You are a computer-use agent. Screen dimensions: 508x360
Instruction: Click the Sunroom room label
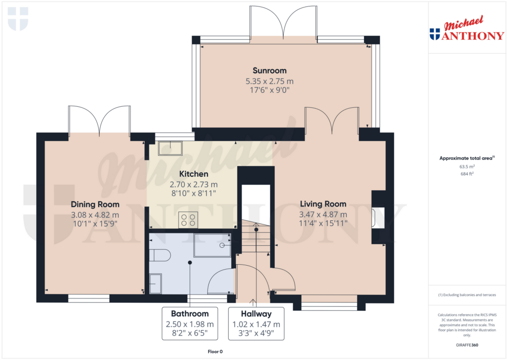tap(269, 71)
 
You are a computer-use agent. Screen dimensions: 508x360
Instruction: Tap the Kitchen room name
tap(194, 174)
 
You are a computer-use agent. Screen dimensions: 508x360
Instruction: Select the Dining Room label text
tap(95, 204)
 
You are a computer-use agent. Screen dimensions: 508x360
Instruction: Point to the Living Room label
tap(323, 204)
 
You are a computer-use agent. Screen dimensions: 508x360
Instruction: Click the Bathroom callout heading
tap(190, 314)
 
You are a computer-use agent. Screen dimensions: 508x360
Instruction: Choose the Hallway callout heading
tap(256, 314)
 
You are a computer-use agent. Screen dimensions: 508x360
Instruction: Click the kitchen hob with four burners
tap(188, 219)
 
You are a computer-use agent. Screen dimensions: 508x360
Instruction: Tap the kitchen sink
tap(170, 148)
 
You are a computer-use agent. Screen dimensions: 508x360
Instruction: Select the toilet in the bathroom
tap(160, 255)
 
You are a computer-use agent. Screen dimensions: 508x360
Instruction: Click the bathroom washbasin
tap(155, 284)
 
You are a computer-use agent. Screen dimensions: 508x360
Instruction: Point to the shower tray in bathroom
tap(212, 245)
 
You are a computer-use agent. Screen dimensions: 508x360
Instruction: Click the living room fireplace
tap(378, 217)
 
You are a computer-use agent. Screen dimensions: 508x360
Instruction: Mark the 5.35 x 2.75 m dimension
tap(269, 81)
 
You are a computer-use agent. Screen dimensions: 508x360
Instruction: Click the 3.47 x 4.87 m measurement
tap(323, 215)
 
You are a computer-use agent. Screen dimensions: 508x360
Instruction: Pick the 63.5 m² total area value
tap(467, 166)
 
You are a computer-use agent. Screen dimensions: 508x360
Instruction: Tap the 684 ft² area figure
tap(467, 174)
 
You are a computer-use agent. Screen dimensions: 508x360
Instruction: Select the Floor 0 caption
tap(215, 352)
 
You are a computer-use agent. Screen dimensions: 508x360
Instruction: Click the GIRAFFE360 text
tap(467, 345)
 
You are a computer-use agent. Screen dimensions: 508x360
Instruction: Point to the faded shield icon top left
tap(18, 19)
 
